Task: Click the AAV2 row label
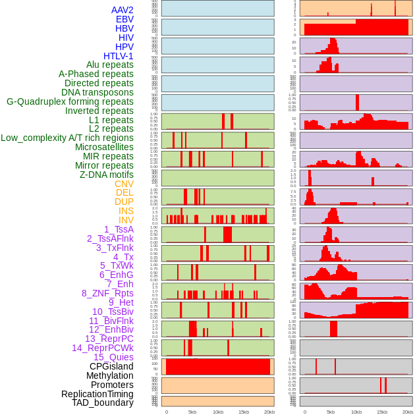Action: click(x=123, y=11)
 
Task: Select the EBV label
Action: click(x=124, y=20)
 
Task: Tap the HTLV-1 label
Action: click(x=119, y=56)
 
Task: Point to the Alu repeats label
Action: click(x=110, y=65)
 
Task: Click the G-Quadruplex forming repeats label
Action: click(x=70, y=101)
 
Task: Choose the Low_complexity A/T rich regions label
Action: click(x=67, y=138)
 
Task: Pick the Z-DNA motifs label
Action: click(x=107, y=175)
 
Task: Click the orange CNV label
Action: click(x=124, y=184)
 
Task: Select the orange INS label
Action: click(x=126, y=211)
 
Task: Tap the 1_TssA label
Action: click(x=119, y=229)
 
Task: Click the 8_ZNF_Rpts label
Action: click(x=107, y=293)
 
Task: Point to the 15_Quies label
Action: click(x=113, y=357)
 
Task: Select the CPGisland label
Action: click(x=111, y=366)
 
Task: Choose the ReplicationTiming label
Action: click(x=97, y=394)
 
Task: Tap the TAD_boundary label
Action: click(x=103, y=402)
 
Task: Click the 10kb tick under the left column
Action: click(x=218, y=412)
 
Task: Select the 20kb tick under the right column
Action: click(x=408, y=412)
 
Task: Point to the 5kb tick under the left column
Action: click(x=192, y=412)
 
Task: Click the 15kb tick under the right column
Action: click(x=382, y=412)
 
